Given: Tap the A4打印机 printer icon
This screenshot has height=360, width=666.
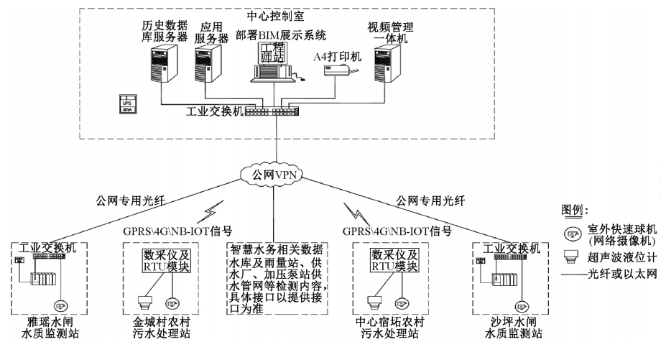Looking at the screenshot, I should [341, 70].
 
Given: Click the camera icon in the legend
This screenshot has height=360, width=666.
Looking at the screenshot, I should [573, 234].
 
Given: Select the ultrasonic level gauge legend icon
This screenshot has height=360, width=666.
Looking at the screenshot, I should [573, 257].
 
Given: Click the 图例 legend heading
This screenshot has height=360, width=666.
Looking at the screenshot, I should [575, 211].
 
